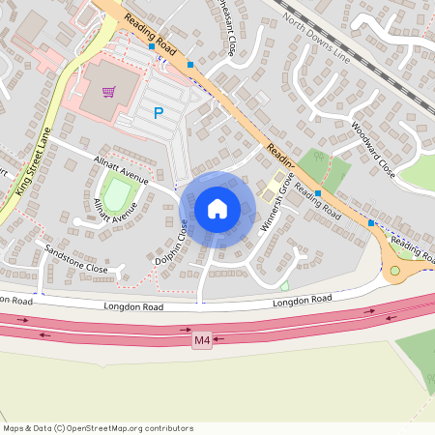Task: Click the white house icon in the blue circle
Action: (217, 209)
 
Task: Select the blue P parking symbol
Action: (158, 113)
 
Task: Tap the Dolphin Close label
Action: (170, 243)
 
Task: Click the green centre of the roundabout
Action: (394, 272)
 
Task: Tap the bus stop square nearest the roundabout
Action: (370, 223)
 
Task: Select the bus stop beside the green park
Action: (317, 194)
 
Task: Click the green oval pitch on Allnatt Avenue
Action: (117, 196)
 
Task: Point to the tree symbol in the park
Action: (284, 285)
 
